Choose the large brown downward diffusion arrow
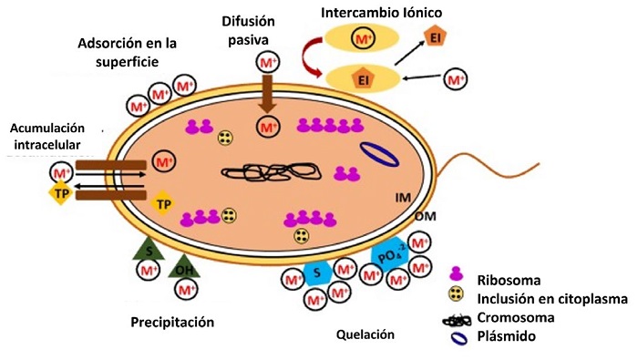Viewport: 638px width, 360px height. pos(267,94)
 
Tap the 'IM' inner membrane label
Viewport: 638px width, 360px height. pos(404,197)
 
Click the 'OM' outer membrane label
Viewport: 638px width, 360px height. pos(423,217)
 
